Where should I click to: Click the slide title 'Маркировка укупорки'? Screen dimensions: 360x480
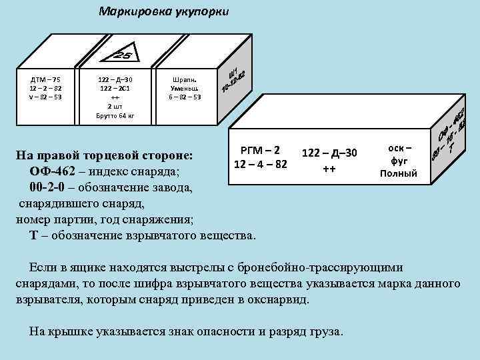pos(163,11)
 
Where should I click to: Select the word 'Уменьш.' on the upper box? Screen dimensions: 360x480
pos(186,89)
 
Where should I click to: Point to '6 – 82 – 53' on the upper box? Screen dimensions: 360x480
pos(186,97)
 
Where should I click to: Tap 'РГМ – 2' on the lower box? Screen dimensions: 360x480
pos(260,150)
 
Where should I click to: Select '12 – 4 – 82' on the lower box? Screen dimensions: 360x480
pos(260,163)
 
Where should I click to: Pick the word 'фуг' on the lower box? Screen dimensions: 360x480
pos(399,161)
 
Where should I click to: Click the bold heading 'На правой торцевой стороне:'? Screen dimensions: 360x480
pos(105,156)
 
